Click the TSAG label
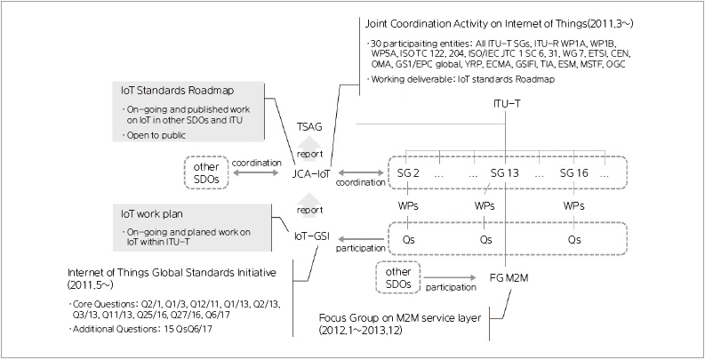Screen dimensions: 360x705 309,127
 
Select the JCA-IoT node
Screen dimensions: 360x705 310,173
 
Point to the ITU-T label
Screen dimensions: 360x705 508,105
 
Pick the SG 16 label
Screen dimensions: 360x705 576,172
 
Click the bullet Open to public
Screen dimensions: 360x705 159,135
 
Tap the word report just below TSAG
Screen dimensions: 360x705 310,152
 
